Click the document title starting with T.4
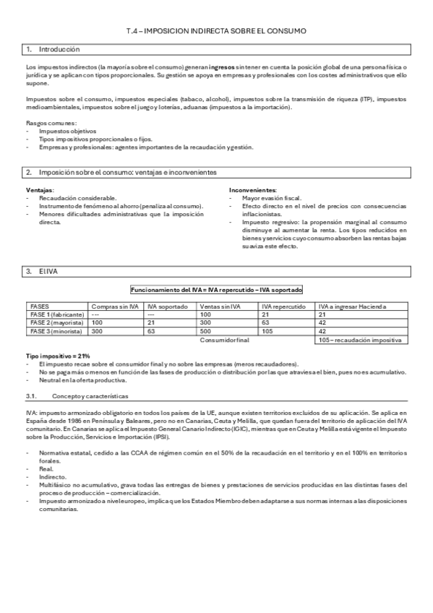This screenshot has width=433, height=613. point(216,32)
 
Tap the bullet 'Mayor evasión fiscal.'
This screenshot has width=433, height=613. point(273,197)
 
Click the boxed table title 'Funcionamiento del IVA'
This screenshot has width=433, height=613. point(216,289)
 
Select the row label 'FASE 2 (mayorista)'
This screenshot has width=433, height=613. point(55,322)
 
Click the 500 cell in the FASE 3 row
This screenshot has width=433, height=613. point(206,330)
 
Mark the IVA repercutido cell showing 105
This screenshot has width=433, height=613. point(267,330)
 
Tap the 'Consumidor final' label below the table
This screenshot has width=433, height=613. point(224,339)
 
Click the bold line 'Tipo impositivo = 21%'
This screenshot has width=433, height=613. point(57,356)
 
